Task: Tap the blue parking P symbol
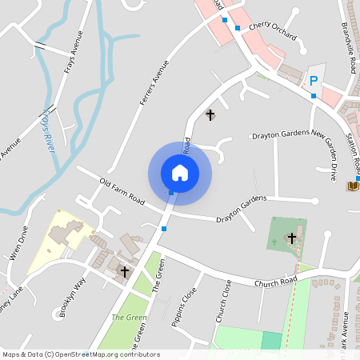[314, 80]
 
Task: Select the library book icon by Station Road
[353, 186]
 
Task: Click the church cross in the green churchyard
[291, 238]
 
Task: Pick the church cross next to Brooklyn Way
[125, 272]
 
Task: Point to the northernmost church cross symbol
[210, 115]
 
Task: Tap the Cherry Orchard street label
[272, 31]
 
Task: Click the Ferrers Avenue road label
[156, 83]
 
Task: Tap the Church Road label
[276, 282]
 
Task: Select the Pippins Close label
[184, 308]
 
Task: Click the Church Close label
[223, 301]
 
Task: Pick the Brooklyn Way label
[73, 298]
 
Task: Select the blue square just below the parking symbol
[314, 96]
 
